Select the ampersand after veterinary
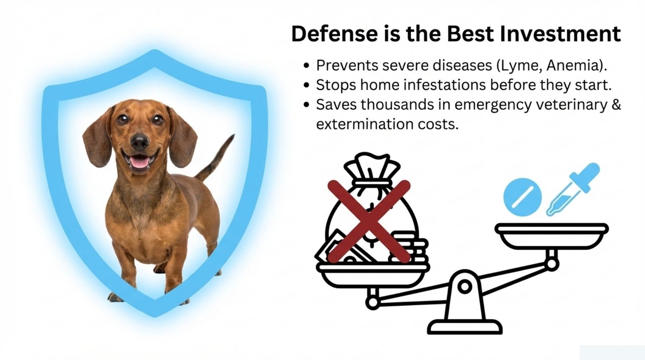[616, 104]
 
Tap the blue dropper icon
[572, 189]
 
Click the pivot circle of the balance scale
[465, 287]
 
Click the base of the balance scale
[465, 326]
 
